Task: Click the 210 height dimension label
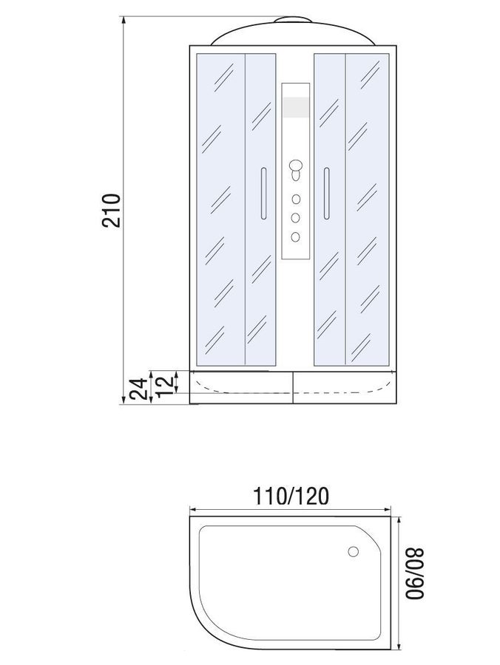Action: click(112, 211)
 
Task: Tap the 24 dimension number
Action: click(140, 389)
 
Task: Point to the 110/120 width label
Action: click(291, 496)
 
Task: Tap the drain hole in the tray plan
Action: click(353, 552)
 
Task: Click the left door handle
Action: click(263, 194)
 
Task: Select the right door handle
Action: click(326, 194)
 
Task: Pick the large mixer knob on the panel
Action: click(295, 165)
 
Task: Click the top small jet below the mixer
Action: click(295, 199)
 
